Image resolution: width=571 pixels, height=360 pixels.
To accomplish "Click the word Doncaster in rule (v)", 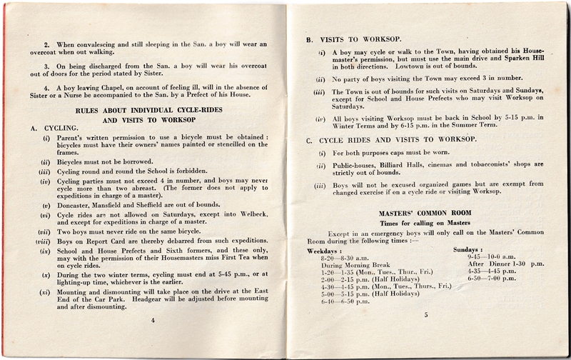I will pyautogui.click(x=75, y=204).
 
